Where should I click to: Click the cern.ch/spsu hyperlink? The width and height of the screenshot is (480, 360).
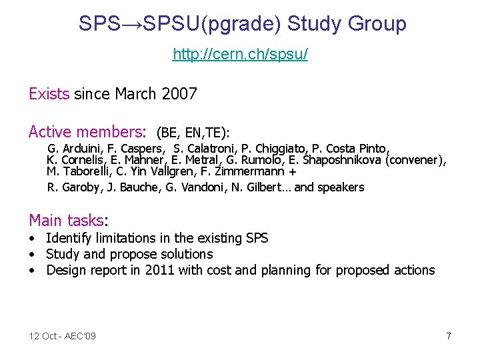(x=240, y=54)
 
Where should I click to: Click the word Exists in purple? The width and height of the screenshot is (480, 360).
(x=49, y=94)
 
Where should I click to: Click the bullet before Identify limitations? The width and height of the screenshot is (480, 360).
(x=32, y=239)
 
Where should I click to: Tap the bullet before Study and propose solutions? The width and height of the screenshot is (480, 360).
(x=32, y=255)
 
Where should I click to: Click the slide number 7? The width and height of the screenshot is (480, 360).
(x=449, y=336)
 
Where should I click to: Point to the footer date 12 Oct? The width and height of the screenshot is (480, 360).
(x=43, y=336)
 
